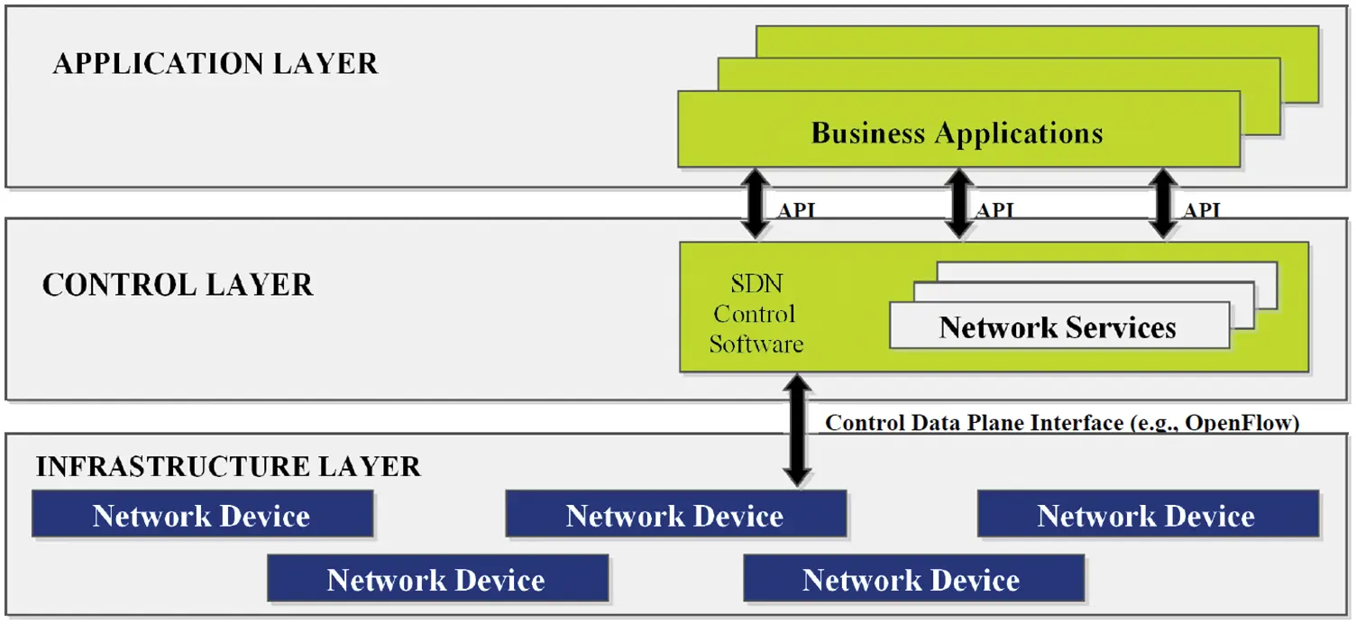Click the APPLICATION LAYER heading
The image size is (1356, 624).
[x=215, y=64]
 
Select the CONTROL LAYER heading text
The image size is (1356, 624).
[x=178, y=285]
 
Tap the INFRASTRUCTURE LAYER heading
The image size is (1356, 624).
[x=228, y=467]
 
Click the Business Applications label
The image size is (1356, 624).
[x=957, y=133]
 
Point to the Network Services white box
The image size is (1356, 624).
[x=1058, y=326]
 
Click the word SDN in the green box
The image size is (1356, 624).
[x=756, y=284]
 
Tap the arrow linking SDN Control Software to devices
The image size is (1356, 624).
[x=796, y=430]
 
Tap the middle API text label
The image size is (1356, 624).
[x=996, y=211]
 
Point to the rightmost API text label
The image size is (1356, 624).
[x=1202, y=211]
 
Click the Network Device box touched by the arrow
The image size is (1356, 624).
[x=675, y=515]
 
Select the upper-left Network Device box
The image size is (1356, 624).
[x=202, y=515]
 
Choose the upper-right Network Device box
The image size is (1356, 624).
[x=1147, y=515]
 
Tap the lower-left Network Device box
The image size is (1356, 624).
[x=437, y=579]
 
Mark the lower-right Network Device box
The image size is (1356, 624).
[x=912, y=579]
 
